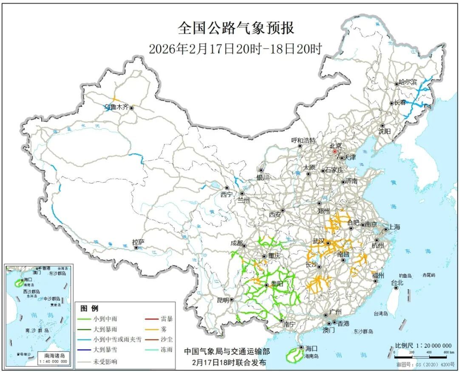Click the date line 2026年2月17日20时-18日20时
click(x=235, y=49)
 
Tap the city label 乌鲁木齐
click(x=116, y=108)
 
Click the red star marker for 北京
click(x=335, y=151)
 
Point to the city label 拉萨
click(x=138, y=242)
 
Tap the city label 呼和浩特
click(x=303, y=141)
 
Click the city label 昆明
click(x=223, y=300)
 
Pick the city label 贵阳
click(x=276, y=284)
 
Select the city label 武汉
click(x=318, y=241)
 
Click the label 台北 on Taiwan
click(x=397, y=282)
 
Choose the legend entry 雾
click(x=164, y=329)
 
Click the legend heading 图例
click(x=89, y=308)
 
